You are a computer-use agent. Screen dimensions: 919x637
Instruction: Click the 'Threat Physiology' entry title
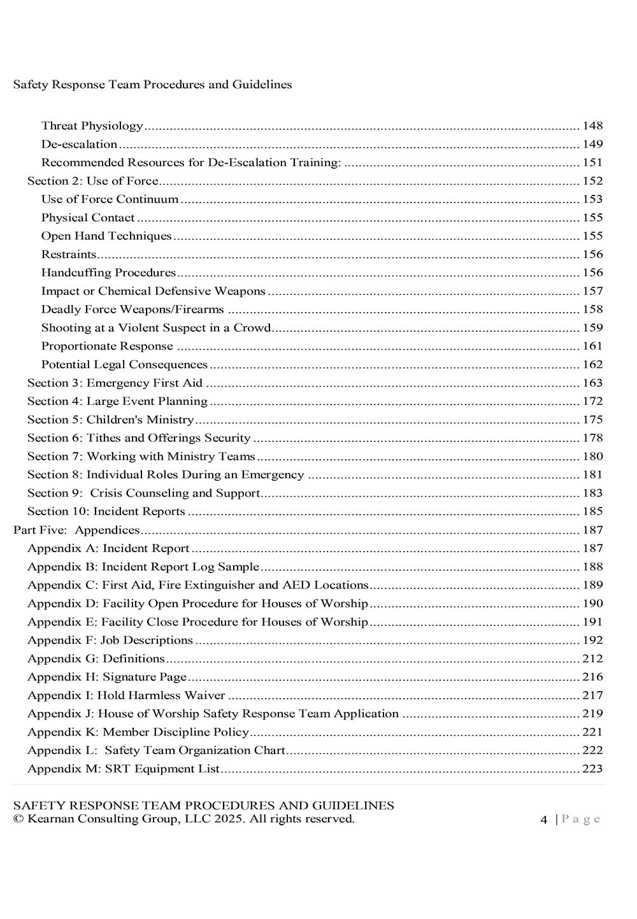coord(92,126)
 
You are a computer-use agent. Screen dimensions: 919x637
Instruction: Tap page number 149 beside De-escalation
coord(592,145)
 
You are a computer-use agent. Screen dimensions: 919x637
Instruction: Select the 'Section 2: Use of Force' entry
coord(92,182)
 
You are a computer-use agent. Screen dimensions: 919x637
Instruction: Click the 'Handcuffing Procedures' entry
coord(108,273)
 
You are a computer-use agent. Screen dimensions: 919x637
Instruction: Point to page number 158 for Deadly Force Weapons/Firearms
coord(592,310)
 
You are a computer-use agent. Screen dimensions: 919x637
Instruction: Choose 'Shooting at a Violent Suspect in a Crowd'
coord(156,328)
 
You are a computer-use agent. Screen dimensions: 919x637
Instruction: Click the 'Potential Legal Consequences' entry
coord(124,365)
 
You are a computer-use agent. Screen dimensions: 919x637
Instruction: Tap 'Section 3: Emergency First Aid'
coord(115,383)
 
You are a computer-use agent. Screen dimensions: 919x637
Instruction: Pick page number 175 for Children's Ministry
coord(592,420)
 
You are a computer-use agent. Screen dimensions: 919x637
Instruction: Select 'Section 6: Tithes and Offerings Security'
coord(139,438)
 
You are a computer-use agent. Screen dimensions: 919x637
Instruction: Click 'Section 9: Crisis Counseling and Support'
coord(144,494)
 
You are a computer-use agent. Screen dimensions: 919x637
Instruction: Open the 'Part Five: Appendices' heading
coord(76,531)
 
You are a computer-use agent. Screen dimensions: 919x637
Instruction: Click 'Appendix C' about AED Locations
coord(197,585)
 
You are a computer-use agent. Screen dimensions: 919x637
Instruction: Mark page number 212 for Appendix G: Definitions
coord(592,659)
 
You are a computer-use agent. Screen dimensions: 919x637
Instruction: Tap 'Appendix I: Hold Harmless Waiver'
coord(126,695)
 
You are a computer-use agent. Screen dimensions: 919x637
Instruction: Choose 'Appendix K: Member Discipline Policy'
coord(138,732)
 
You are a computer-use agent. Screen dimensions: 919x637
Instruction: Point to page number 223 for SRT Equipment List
coord(592,769)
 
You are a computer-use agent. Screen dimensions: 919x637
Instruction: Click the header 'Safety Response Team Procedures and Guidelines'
coord(152,85)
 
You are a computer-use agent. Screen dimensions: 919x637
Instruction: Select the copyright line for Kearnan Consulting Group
coord(183,819)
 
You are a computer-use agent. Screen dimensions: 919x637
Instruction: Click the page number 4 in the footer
coord(543,820)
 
